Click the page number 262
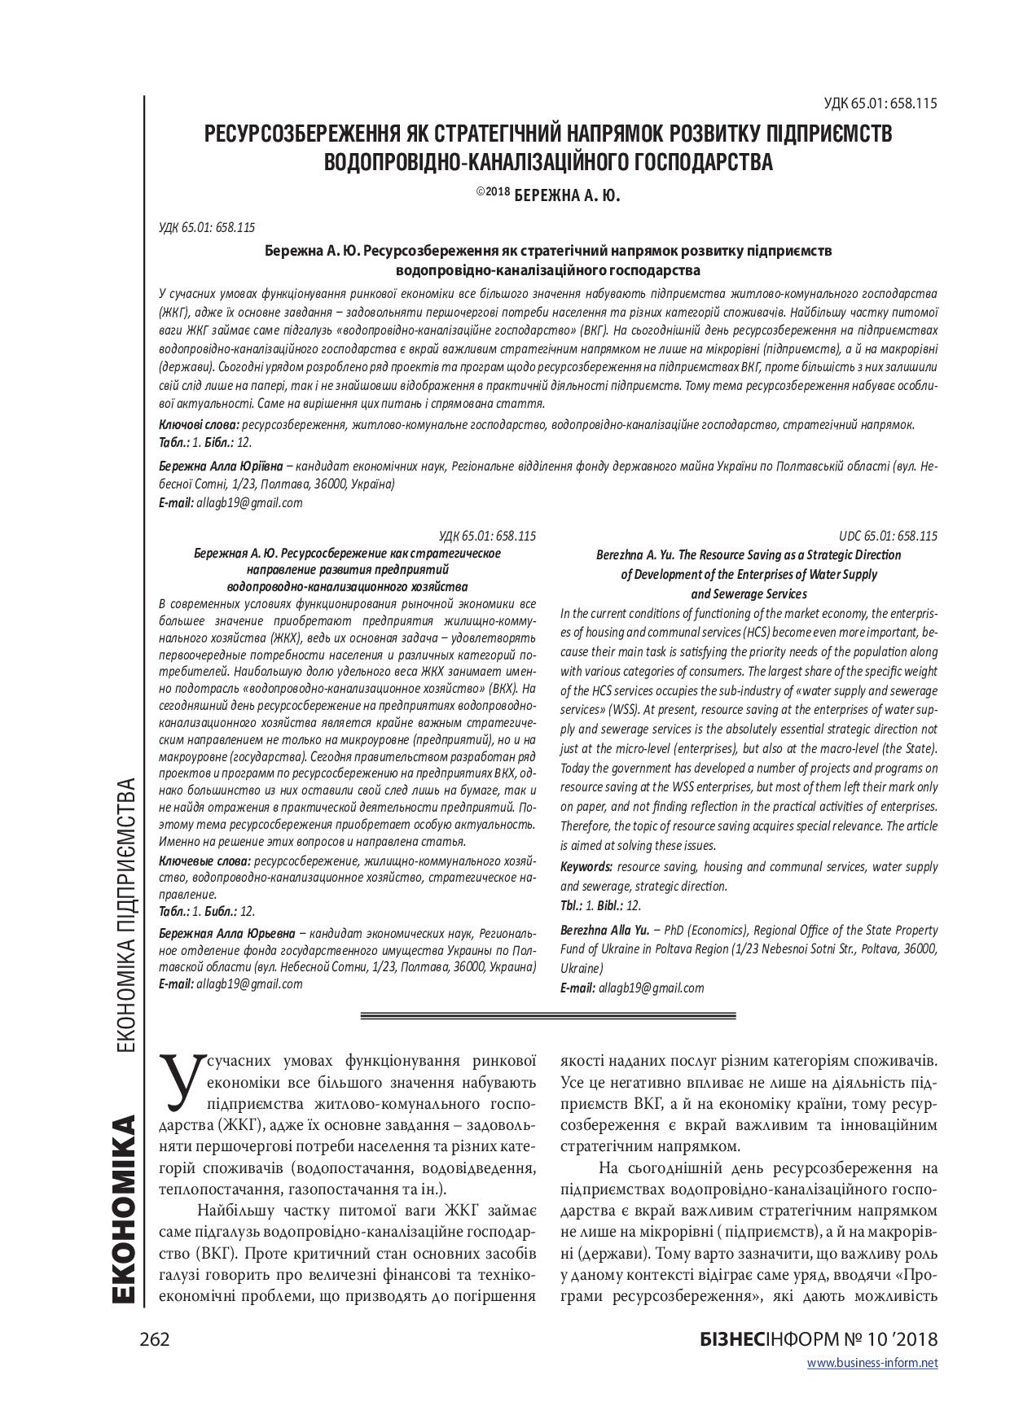point(154,1339)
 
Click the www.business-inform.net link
point(872,1363)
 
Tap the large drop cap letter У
point(182,1082)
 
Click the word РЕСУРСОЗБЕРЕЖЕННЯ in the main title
point(313,134)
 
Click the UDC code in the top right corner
point(880,103)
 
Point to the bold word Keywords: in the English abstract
point(586,867)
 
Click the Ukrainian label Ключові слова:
point(199,424)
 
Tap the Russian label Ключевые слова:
point(204,861)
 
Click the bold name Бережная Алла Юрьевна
point(227,933)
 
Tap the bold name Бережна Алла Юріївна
point(221,466)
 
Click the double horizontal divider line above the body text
point(547,1016)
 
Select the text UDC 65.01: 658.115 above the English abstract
point(888,536)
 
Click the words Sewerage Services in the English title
point(749,594)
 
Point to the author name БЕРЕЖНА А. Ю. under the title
point(568,195)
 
